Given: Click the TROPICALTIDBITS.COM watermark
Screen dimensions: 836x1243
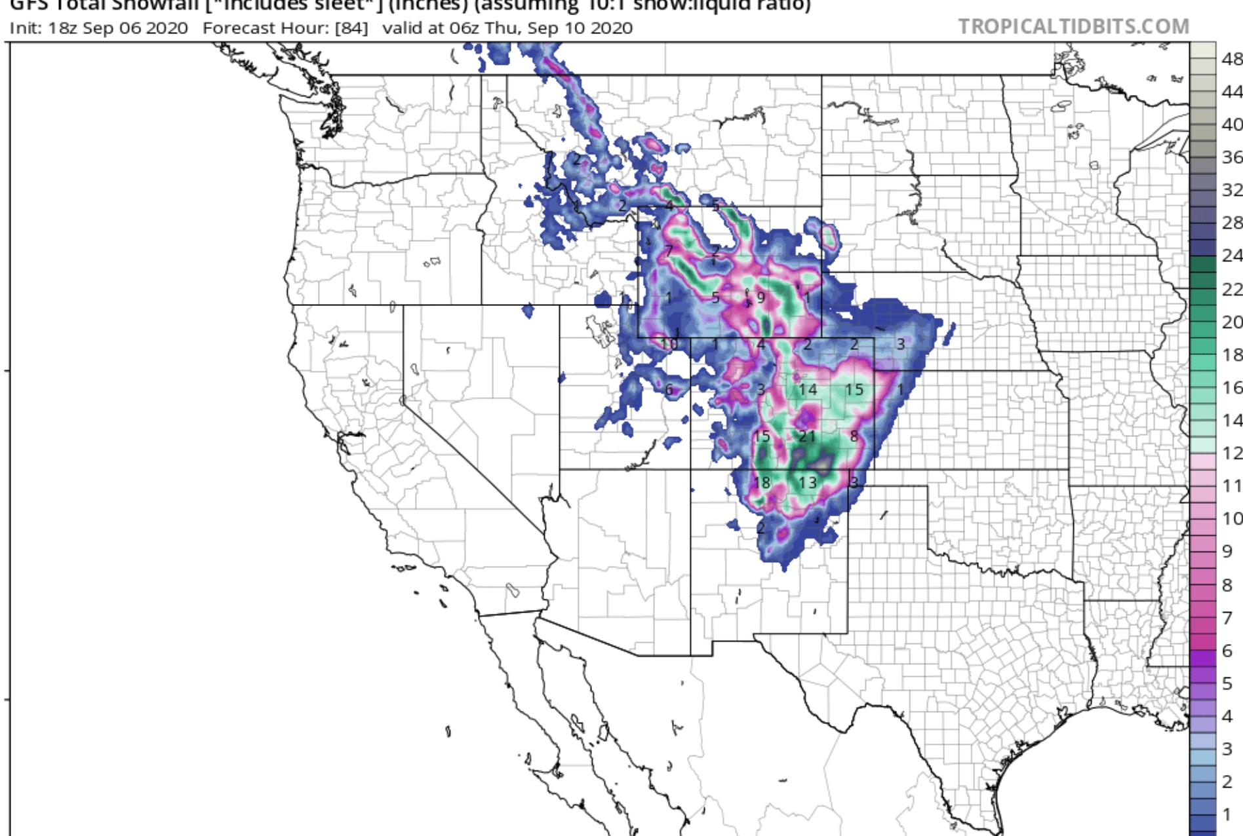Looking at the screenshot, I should click(x=1073, y=26).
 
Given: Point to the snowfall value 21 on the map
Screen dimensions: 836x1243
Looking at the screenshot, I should click(x=807, y=436).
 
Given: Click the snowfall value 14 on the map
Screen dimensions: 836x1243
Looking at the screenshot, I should click(x=808, y=390).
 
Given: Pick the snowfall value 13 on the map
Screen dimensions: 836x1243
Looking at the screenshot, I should click(x=808, y=483).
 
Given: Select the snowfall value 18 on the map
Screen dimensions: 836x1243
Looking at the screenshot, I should click(x=761, y=483).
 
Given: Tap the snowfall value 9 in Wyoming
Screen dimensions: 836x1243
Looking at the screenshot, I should click(x=761, y=297).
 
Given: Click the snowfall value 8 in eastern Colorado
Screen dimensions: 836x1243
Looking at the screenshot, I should click(x=854, y=436).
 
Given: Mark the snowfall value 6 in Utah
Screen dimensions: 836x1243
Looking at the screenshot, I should click(x=669, y=389).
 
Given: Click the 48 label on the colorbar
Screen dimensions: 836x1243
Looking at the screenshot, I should click(x=1231, y=59).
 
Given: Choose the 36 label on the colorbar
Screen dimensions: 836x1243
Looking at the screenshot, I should click(x=1231, y=157).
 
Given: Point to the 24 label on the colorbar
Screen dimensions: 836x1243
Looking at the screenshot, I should click(x=1231, y=256).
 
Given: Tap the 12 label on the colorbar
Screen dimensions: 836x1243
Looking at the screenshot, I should click(x=1231, y=453).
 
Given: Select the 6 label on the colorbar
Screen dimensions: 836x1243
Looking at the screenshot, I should click(x=1227, y=651).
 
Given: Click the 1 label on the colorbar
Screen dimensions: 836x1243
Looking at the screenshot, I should click(x=1227, y=814).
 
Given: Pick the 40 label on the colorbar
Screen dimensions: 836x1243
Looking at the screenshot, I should click(x=1231, y=124).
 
